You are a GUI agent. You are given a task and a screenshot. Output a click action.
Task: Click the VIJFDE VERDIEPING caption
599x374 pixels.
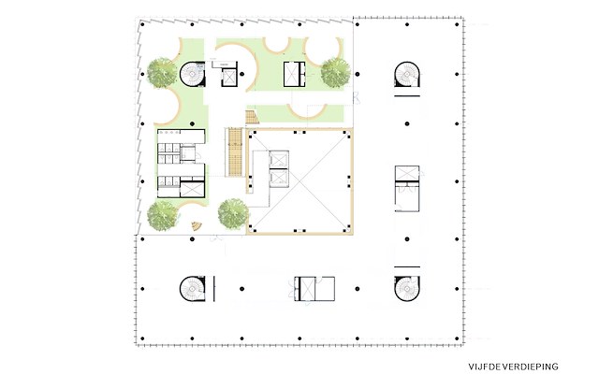click(x=513, y=367)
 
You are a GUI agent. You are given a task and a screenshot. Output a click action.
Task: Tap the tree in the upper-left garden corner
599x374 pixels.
click(x=163, y=73)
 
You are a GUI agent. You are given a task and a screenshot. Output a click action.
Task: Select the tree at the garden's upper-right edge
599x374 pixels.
click(x=335, y=73)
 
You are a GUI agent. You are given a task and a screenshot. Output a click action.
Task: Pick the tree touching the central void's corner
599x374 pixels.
click(x=233, y=214)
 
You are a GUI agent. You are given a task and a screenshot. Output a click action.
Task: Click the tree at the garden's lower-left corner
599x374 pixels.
click(x=163, y=216)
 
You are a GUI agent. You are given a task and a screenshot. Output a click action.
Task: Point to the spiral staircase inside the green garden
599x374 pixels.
click(x=193, y=74)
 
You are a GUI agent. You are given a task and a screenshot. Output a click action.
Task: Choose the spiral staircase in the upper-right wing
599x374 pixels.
click(x=407, y=74)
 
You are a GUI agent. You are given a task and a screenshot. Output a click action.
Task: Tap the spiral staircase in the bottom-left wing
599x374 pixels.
click(x=193, y=289)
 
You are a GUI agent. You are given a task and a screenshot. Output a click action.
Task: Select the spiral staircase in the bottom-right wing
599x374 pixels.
click(x=407, y=289)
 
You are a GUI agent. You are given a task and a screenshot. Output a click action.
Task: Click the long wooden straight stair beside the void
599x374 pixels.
click(x=235, y=152)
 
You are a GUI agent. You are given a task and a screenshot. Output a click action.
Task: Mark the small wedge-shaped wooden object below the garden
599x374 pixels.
click(x=197, y=226)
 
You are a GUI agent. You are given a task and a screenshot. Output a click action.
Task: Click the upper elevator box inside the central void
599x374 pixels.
click(x=279, y=160)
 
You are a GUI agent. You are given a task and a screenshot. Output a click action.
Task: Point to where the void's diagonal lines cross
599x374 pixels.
click(x=299, y=180)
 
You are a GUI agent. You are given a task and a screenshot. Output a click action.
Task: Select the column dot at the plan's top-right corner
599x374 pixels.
click(x=457, y=24)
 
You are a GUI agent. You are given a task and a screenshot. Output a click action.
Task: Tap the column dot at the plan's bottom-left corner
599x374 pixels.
click(x=142, y=338)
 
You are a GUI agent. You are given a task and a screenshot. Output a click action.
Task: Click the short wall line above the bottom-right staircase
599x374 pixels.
click(x=407, y=266)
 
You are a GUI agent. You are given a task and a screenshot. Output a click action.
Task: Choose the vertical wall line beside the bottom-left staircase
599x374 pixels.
click(x=214, y=289)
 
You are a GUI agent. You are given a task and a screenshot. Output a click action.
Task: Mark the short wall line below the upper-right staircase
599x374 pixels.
click(x=407, y=95)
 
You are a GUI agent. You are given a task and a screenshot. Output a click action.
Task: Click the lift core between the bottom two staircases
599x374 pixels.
click(x=314, y=289)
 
